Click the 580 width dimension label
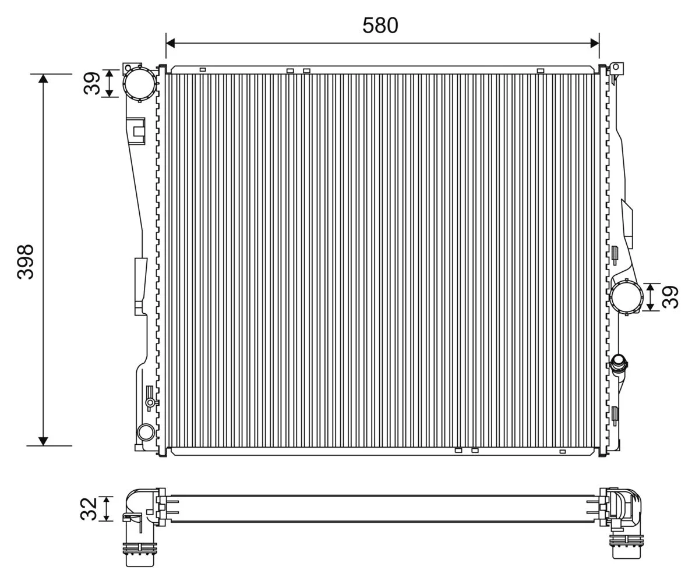pyautogui.click(x=380, y=26)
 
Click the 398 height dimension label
pyautogui.click(x=26, y=262)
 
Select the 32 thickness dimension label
pyautogui.click(x=89, y=509)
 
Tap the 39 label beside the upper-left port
pyautogui.click(x=91, y=83)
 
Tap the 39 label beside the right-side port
pyautogui.click(x=670, y=297)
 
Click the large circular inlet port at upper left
pyautogui.click(x=140, y=83)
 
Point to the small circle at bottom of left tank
pyautogui.click(x=146, y=433)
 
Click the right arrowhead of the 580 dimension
pyautogui.click(x=595, y=43)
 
